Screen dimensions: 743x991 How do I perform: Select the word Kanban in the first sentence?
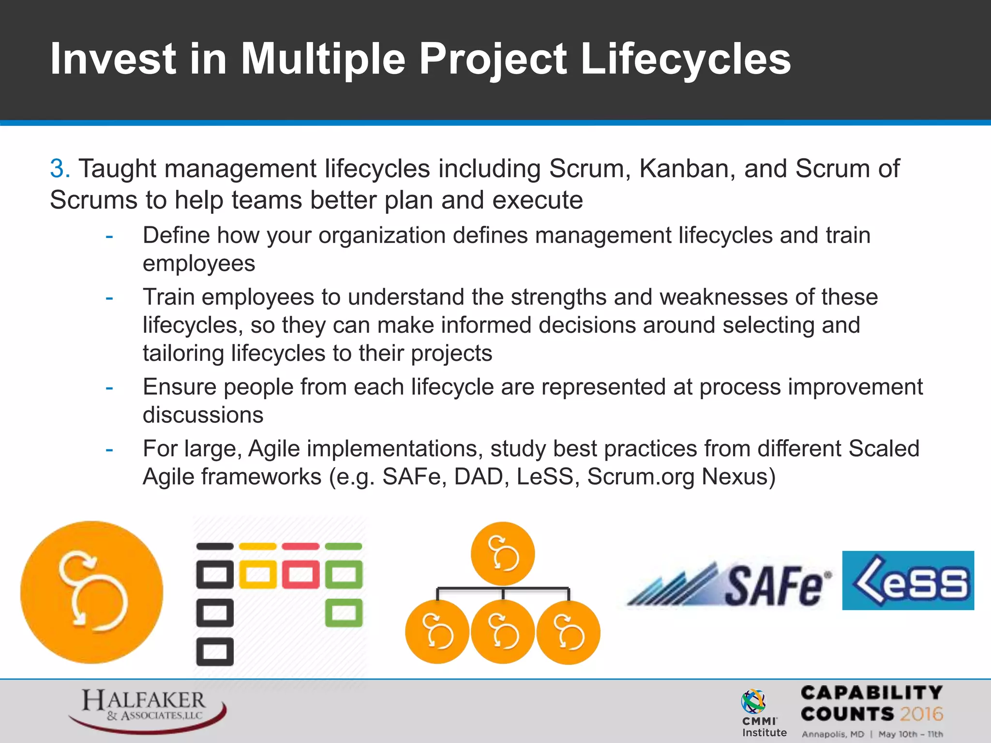(x=687, y=169)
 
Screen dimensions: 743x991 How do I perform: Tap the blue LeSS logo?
(x=908, y=580)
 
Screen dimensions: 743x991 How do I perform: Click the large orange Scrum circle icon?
(x=91, y=592)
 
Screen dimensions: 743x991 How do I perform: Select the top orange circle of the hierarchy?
(x=503, y=553)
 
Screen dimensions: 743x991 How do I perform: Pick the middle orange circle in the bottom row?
(x=503, y=632)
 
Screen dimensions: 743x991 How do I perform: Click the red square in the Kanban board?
(x=300, y=575)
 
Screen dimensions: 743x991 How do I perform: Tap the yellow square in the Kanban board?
(x=258, y=575)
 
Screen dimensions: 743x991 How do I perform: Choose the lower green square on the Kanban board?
(x=344, y=613)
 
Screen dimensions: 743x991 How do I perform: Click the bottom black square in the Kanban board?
(x=215, y=652)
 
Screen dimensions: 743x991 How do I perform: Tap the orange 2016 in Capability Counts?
(x=921, y=714)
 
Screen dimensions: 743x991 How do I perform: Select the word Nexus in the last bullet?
(x=738, y=477)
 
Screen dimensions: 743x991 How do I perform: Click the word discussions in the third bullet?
(x=203, y=415)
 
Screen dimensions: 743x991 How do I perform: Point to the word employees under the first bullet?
(x=198, y=264)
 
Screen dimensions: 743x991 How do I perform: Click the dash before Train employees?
(x=109, y=297)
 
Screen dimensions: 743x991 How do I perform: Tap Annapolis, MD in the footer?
(x=832, y=734)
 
